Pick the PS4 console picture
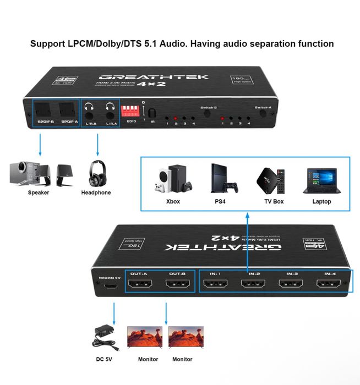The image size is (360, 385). click(x=222, y=178)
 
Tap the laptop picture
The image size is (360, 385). click(x=321, y=180)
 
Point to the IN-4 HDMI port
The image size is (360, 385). click(x=329, y=285)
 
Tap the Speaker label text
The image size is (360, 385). click(x=39, y=193)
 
